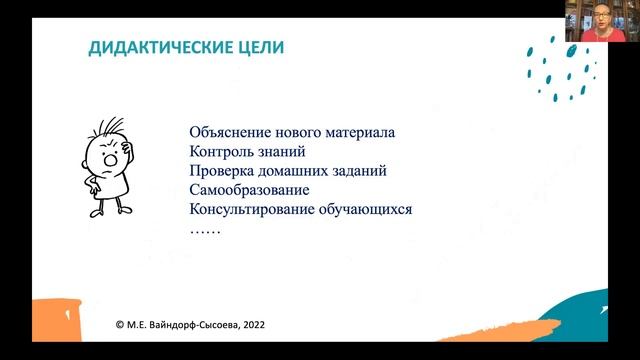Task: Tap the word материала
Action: [x=361, y=133]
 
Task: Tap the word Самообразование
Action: [x=248, y=190]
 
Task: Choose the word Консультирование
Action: [x=252, y=209]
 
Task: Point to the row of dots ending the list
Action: [x=204, y=229]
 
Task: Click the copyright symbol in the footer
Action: [x=121, y=325]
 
